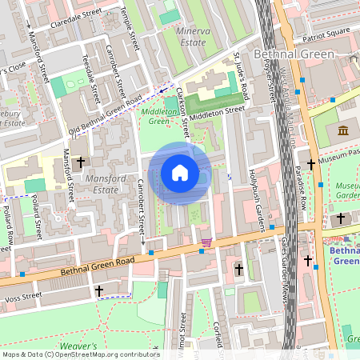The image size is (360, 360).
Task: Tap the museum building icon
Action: [343, 130]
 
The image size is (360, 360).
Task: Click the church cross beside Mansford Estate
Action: [79, 163]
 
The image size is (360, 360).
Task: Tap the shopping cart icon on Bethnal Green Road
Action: [207, 242]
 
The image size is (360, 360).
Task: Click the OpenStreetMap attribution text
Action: [80, 354]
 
